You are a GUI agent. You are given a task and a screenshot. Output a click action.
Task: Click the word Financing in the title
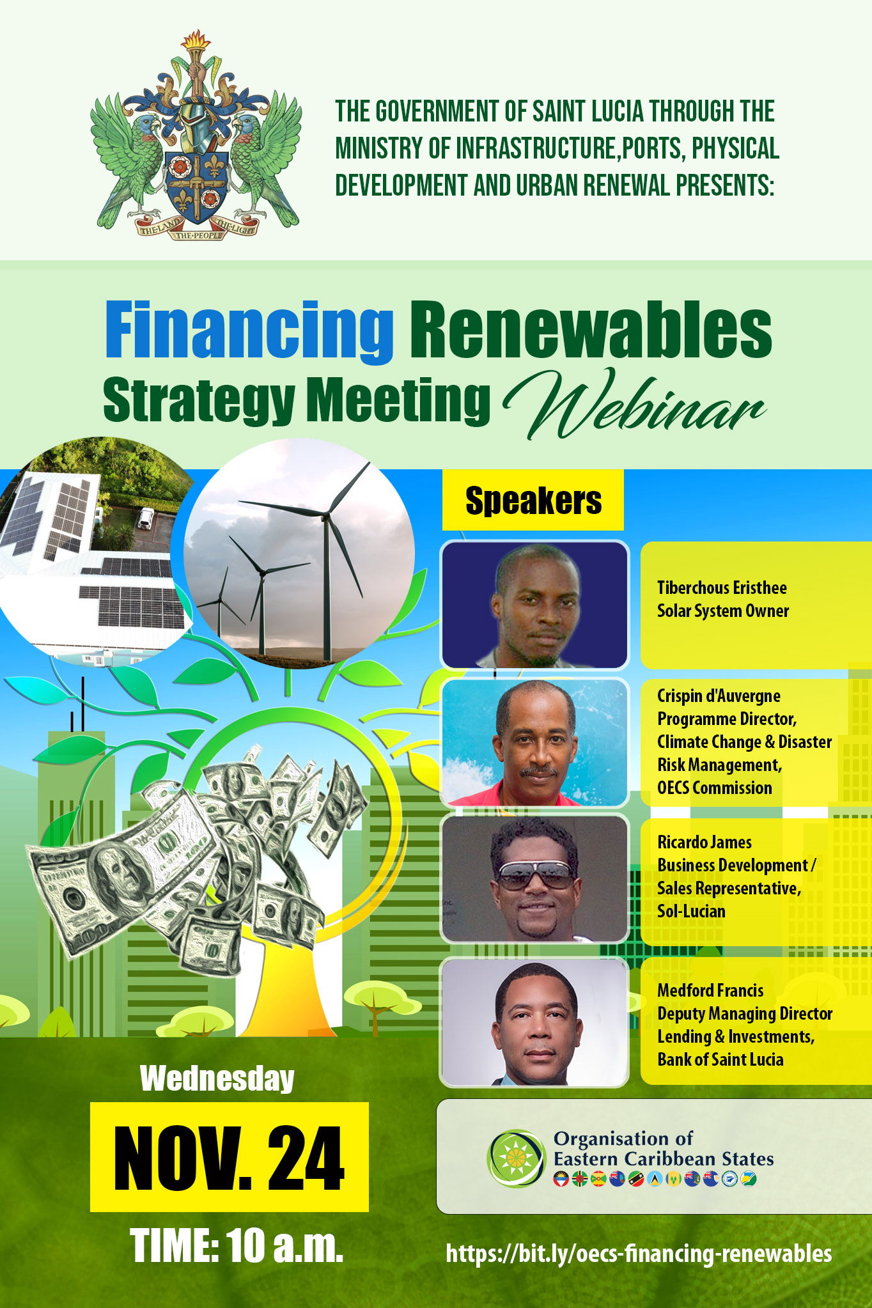coord(249,332)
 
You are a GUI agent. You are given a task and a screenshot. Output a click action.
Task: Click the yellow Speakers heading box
coord(533,500)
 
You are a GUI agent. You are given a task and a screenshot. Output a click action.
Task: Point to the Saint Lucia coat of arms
coord(196,135)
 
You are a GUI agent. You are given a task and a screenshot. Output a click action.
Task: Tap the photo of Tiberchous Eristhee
coord(534,605)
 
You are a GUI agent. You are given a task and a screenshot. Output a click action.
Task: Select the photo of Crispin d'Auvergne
coord(534,742)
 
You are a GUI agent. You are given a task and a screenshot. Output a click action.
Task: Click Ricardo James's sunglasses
coord(535,875)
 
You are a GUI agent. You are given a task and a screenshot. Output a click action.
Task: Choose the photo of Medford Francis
coord(534,1022)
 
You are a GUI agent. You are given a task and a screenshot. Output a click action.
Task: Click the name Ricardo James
coord(705,842)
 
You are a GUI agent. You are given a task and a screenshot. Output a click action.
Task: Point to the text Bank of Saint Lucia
coord(720,1059)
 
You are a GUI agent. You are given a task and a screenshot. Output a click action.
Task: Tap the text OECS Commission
coord(715,788)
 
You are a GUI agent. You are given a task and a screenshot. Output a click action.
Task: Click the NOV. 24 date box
coord(230,1157)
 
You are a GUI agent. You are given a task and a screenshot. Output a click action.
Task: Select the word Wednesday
coord(217,1078)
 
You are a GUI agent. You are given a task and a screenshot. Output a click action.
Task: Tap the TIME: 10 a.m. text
coord(237,1245)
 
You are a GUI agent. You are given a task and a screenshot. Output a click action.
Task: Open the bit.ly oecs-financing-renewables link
coord(639,1253)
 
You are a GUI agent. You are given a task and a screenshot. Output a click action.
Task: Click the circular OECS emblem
coord(517,1158)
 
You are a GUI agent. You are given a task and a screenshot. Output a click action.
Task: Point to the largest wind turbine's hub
coord(327,513)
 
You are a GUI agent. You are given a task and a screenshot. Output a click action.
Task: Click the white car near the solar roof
coord(145,518)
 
